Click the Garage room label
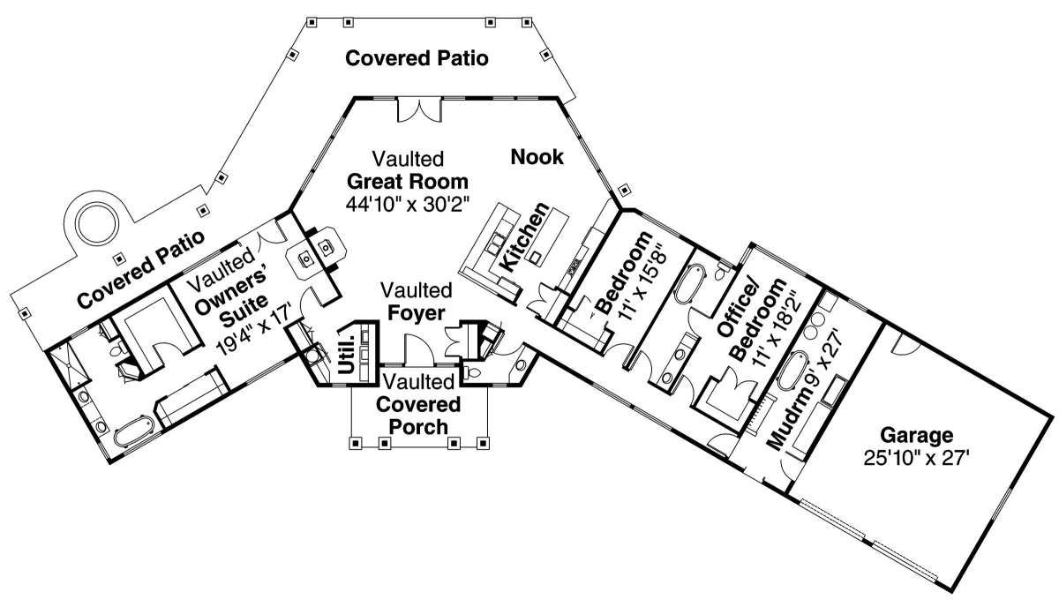[x=916, y=435]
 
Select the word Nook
[x=537, y=157]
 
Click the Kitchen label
[x=525, y=237]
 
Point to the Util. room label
[x=348, y=355]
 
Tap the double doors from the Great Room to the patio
[x=419, y=109]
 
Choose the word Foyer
[x=416, y=313]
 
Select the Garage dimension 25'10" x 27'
[x=917, y=458]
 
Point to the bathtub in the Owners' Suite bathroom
[x=134, y=431]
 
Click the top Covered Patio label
[x=417, y=58]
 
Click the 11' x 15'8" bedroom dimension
[x=644, y=283]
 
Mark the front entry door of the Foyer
[x=419, y=350]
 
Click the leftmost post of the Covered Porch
[x=355, y=444]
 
